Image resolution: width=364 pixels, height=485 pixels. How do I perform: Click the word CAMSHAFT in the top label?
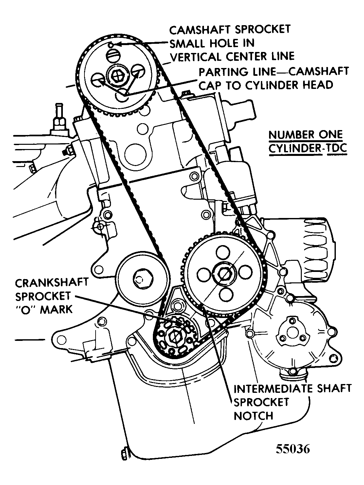pyautogui.click(x=198, y=30)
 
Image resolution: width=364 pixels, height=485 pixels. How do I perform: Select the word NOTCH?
pyautogui.click(x=254, y=416)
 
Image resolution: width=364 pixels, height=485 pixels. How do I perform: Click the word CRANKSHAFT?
pyautogui.click(x=52, y=282)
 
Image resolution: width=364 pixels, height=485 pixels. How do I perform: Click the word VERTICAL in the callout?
pyautogui.click(x=196, y=57)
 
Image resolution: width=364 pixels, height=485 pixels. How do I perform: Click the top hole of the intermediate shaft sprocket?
pyautogui.click(x=223, y=253)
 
